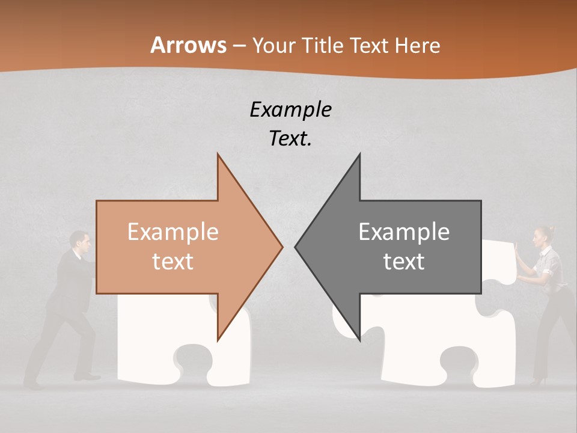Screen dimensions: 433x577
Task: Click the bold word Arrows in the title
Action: tap(189, 45)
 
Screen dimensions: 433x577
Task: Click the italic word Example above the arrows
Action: tap(290, 109)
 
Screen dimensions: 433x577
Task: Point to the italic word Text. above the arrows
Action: tap(290, 138)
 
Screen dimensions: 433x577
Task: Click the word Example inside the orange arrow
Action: tap(172, 232)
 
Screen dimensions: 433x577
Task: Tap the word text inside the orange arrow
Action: tap(172, 262)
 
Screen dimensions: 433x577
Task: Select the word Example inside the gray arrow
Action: tap(404, 232)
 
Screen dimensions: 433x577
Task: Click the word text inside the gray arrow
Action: tap(404, 262)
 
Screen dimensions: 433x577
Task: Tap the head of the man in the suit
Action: tap(81, 242)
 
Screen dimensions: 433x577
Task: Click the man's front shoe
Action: tap(88, 377)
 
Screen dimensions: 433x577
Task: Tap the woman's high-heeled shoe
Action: tap(537, 381)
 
